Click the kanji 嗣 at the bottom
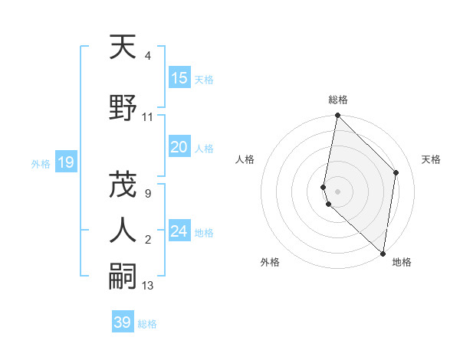[x=123, y=277]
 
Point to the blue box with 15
[x=179, y=78]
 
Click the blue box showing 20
[x=179, y=147]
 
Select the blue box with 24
[x=179, y=231]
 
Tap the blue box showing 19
[x=66, y=162]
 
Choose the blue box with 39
[x=123, y=322]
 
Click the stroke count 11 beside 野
[x=148, y=117]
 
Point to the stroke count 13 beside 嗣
[x=148, y=286]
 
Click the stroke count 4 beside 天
[x=147, y=56]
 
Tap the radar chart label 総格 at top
[x=338, y=100]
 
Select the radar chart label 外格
[x=270, y=262]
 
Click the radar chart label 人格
[x=245, y=159]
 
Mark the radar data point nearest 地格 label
[x=383, y=254]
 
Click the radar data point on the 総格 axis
[x=338, y=116]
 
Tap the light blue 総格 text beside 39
[x=147, y=324]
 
